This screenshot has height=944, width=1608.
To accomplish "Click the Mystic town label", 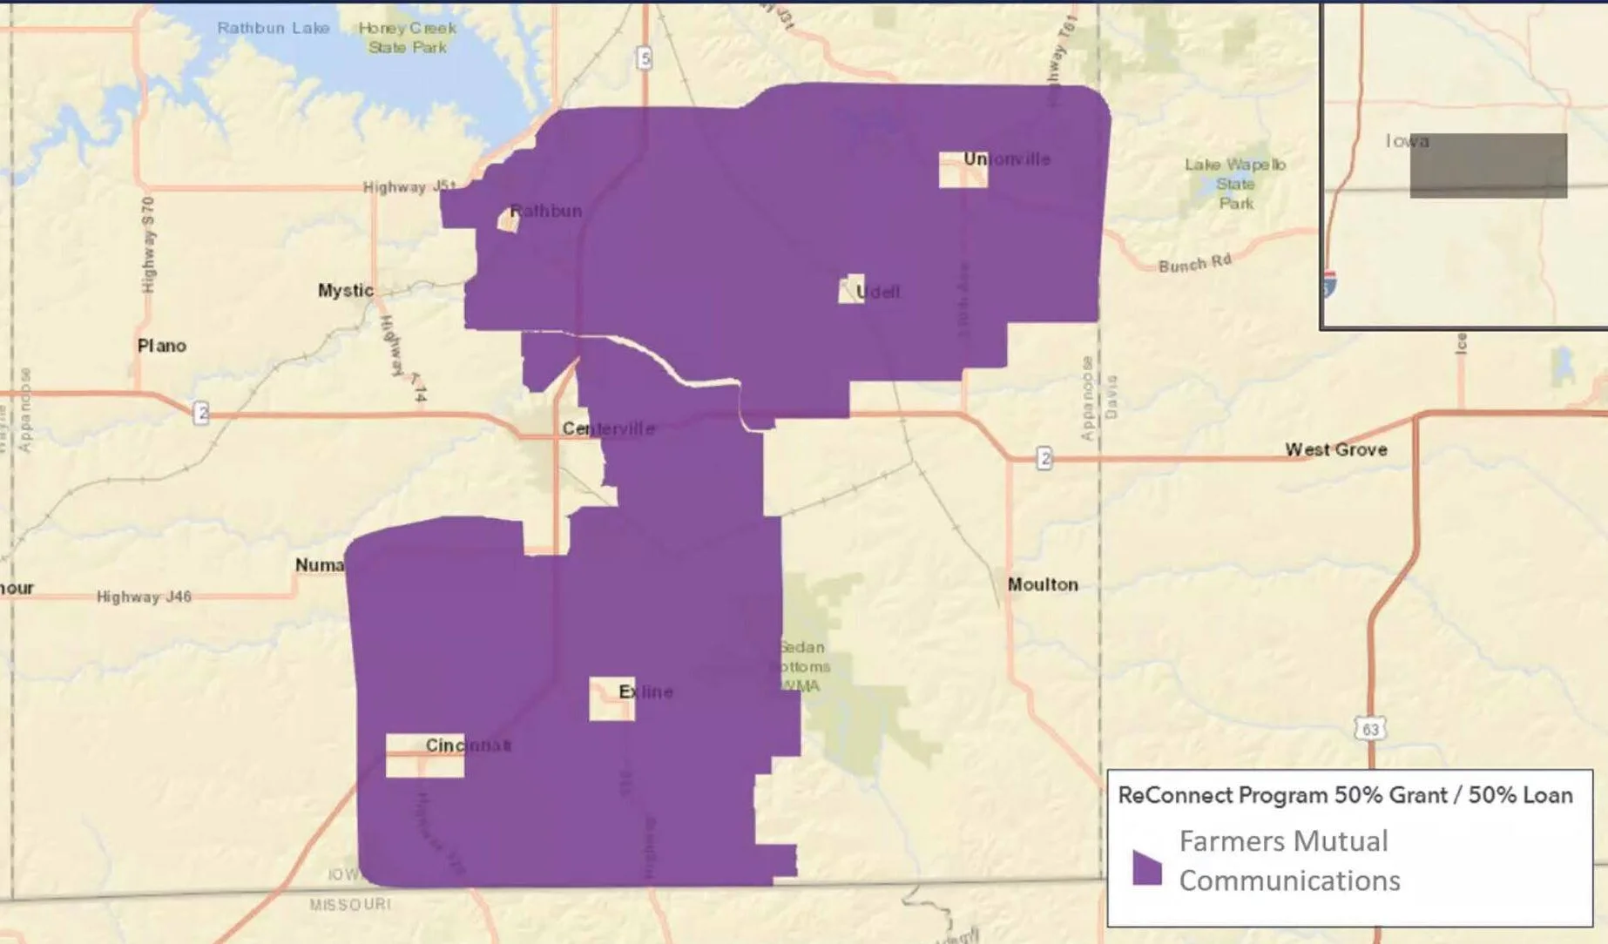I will (345, 291).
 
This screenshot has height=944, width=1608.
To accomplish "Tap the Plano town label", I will (162, 346).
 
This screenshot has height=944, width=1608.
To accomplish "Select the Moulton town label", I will (1043, 584).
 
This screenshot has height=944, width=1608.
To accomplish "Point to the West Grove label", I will (1336, 449).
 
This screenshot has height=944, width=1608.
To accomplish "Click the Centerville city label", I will (608, 428).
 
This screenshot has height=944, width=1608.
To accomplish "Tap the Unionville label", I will (1006, 159).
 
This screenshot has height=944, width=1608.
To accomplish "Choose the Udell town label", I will (877, 293).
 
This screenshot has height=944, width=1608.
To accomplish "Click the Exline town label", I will (645, 691).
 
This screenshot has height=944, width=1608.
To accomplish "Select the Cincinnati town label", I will (468, 745).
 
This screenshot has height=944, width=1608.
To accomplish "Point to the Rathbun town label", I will (545, 211).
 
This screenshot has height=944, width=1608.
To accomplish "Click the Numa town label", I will (320, 565).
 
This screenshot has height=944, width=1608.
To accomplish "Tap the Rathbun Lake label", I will (274, 28).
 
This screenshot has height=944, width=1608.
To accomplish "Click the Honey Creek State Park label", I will (407, 37).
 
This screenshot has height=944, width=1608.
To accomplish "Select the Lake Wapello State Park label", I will (1234, 184).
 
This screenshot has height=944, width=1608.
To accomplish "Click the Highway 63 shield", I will (1370, 729).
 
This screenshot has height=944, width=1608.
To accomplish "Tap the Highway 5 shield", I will (644, 58).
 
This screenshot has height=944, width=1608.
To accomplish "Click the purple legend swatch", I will (1146, 867).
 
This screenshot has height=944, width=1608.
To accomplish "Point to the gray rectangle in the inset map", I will (1488, 165).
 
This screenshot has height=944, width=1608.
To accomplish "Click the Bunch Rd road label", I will (1194, 263).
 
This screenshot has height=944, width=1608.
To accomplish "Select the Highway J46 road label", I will (144, 597).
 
